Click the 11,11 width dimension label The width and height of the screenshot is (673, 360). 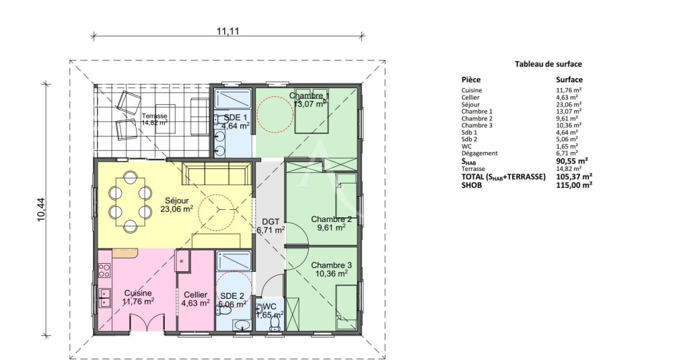(227, 31)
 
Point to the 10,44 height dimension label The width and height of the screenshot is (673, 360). (42, 209)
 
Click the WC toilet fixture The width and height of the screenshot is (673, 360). (274, 324)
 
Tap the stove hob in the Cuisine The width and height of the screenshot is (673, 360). (104, 271)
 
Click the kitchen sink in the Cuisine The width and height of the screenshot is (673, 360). (104, 298)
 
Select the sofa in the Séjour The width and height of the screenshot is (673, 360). (216, 174)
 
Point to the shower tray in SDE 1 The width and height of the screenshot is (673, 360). (232, 99)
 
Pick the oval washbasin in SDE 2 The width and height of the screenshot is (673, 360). (242, 325)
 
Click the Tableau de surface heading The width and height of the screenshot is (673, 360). (548, 64)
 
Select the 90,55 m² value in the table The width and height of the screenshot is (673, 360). (571, 161)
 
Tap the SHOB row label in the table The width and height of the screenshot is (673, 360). (471, 185)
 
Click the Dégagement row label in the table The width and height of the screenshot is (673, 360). (479, 153)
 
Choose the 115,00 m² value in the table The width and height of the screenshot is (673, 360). (574, 185)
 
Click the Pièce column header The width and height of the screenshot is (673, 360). (471, 79)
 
